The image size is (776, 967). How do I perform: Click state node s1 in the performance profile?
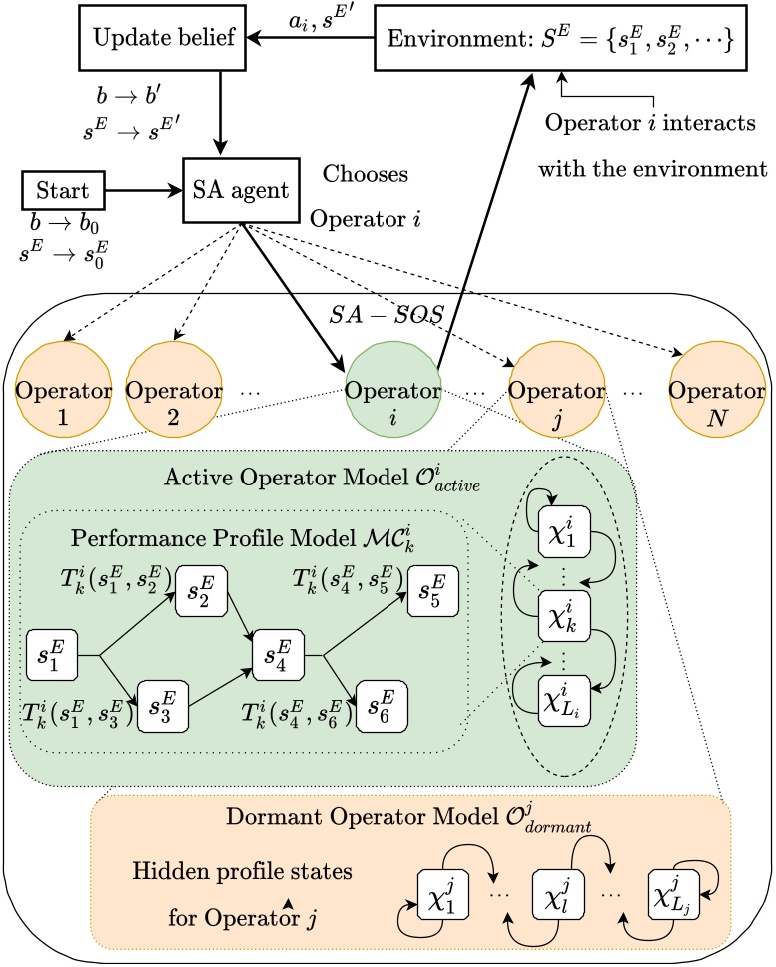[49, 656]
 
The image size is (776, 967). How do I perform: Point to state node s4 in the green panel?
[278, 656]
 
